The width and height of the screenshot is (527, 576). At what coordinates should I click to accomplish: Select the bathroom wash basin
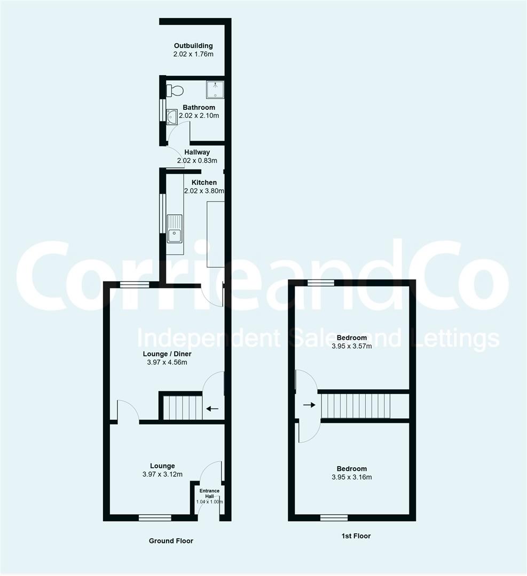(x=172, y=116)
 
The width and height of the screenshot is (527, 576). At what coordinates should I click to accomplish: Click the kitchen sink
(x=175, y=228)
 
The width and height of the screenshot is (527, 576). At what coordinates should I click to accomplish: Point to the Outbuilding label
(x=193, y=46)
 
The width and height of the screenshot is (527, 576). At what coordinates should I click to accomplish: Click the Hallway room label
(x=197, y=152)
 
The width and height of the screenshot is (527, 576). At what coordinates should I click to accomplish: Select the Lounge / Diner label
(x=167, y=354)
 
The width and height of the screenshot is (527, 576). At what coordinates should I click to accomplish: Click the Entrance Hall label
(x=209, y=493)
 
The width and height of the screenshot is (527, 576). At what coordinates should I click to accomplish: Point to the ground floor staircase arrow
(x=212, y=409)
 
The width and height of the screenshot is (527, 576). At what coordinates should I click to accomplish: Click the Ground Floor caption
(x=171, y=541)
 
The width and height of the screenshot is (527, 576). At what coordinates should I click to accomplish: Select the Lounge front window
(x=155, y=517)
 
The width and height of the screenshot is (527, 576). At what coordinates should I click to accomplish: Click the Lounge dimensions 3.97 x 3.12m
(x=162, y=475)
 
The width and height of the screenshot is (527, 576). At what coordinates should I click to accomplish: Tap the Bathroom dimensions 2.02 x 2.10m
(x=199, y=115)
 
